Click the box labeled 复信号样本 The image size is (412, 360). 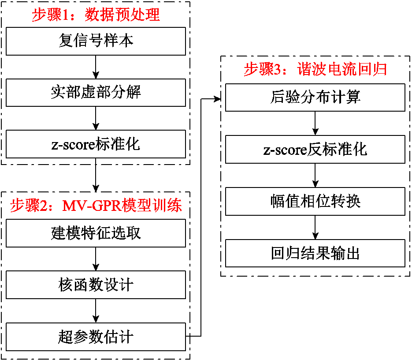point(96,41)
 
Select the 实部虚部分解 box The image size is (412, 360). point(96,93)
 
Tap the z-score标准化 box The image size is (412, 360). point(96,144)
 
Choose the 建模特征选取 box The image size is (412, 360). point(96,233)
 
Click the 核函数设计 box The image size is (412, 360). point(96,285)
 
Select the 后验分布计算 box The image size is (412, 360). point(315,97)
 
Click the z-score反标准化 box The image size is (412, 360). point(315,149)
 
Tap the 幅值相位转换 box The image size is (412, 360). point(315,201)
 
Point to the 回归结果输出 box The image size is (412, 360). point(315,253)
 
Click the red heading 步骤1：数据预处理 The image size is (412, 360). point(96,15)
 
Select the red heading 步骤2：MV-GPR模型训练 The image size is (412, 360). point(96,206)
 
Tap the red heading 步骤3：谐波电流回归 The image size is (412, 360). point(315,70)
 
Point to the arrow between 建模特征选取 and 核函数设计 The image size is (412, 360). point(96,259)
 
